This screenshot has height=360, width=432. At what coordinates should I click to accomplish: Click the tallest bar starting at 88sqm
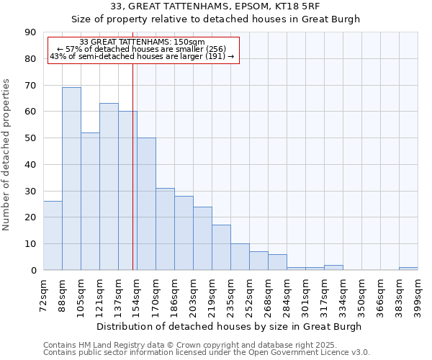[71, 179]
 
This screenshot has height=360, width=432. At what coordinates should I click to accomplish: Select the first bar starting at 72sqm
[53, 235]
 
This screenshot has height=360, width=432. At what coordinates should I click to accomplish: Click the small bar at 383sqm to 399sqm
[408, 269]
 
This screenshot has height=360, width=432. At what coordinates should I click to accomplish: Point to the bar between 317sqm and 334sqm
[333, 268]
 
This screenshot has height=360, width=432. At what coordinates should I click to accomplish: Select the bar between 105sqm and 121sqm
[90, 201]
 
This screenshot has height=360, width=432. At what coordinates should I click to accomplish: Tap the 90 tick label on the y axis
[30, 32]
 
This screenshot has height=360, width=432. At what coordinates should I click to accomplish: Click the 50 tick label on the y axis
[30, 138]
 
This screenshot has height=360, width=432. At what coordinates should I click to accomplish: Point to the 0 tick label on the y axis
[33, 271]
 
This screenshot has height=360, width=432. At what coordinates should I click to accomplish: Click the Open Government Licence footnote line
[207, 353]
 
